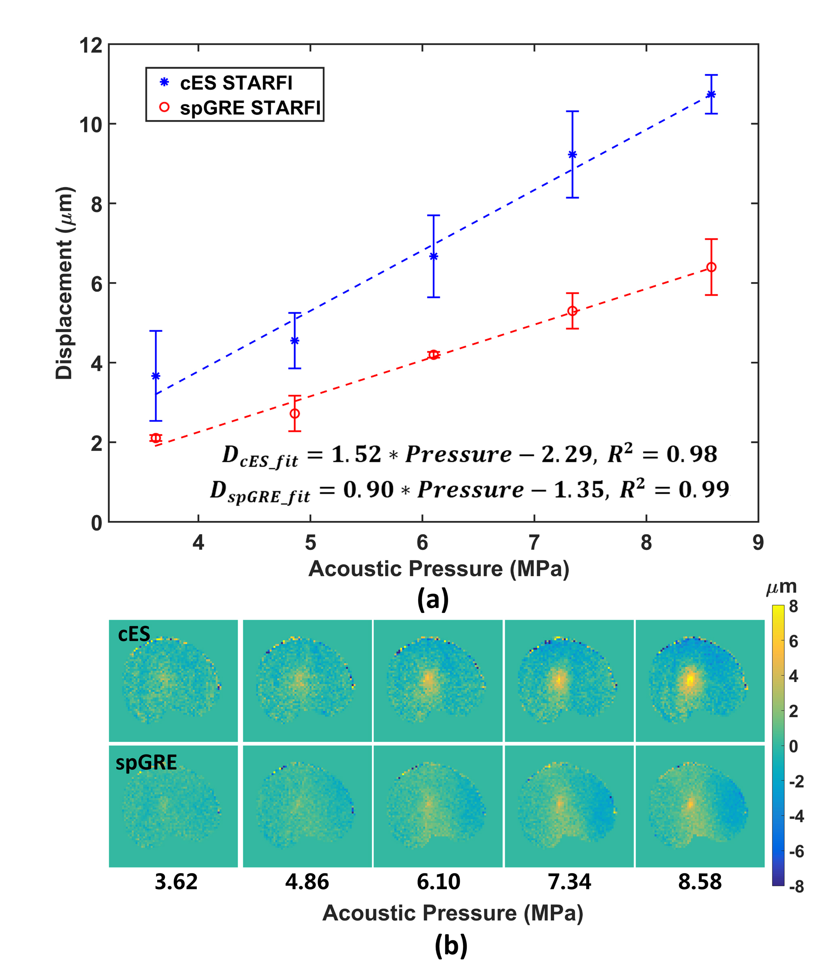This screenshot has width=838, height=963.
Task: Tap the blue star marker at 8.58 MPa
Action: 711,95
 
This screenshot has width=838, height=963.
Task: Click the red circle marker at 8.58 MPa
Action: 711,268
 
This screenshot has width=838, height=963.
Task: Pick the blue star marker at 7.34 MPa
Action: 572,155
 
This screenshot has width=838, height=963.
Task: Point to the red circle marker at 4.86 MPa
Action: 295,413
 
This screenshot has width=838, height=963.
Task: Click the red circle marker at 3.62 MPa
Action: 156,438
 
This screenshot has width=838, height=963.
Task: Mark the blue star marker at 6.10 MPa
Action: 434,256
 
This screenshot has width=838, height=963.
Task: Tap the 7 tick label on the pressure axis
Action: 534,543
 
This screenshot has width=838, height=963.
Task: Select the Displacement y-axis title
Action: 65,283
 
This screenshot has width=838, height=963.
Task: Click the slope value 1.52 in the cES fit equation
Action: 356,455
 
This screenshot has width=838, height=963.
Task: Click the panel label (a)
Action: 433,600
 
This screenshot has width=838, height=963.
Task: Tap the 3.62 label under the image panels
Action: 176,882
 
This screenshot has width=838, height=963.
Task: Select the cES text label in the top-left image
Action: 134,634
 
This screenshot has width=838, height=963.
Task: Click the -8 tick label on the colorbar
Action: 796,886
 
